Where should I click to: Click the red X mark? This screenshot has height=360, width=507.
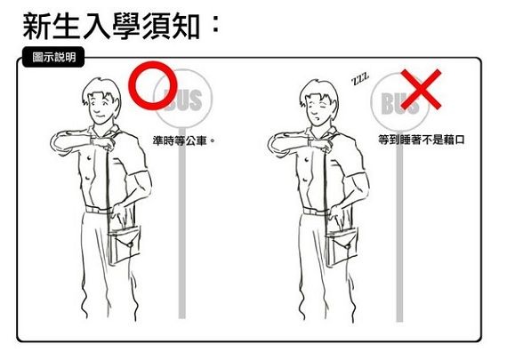[421, 90]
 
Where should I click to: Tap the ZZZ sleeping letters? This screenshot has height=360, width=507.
[360, 78]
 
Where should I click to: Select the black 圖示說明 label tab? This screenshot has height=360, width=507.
[53, 57]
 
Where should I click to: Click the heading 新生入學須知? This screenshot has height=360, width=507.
[111, 26]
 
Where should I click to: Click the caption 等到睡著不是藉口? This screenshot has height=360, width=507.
[422, 140]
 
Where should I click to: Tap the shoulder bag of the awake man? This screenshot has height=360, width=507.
[125, 244]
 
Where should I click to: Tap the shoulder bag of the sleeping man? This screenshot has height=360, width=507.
[342, 246]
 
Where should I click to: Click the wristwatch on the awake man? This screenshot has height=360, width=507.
[93, 141]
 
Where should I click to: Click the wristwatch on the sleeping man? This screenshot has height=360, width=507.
[310, 142]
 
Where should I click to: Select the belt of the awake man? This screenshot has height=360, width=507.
[98, 210]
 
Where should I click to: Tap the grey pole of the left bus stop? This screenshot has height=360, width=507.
[182, 223]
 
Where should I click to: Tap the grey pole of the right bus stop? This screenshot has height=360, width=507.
[399, 226]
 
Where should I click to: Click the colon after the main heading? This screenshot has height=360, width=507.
[215, 25]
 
